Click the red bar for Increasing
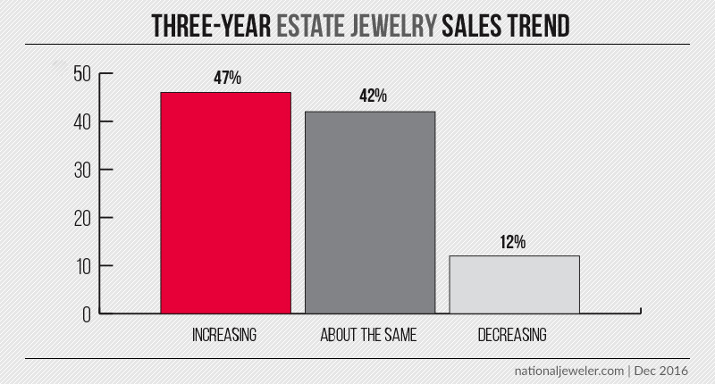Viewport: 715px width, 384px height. tap(225, 203)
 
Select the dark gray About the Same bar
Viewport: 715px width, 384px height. tap(370, 213)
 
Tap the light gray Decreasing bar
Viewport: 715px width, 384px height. tap(515, 285)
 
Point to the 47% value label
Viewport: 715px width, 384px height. tap(225, 79)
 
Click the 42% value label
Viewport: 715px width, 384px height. tap(370, 96)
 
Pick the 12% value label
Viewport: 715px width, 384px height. tap(515, 241)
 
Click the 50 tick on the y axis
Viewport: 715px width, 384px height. tap(83, 73)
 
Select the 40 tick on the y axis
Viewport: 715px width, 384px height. tap(83, 121)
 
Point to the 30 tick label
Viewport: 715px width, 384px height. tap(83, 170)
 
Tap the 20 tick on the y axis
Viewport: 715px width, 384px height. tap(83, 218)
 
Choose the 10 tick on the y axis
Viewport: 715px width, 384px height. tap(83, 266)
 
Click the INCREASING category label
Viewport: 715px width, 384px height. tap(225, 336)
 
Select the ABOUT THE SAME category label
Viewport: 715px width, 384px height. tap(370, 336)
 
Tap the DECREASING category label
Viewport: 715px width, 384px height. tap(515, 336)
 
